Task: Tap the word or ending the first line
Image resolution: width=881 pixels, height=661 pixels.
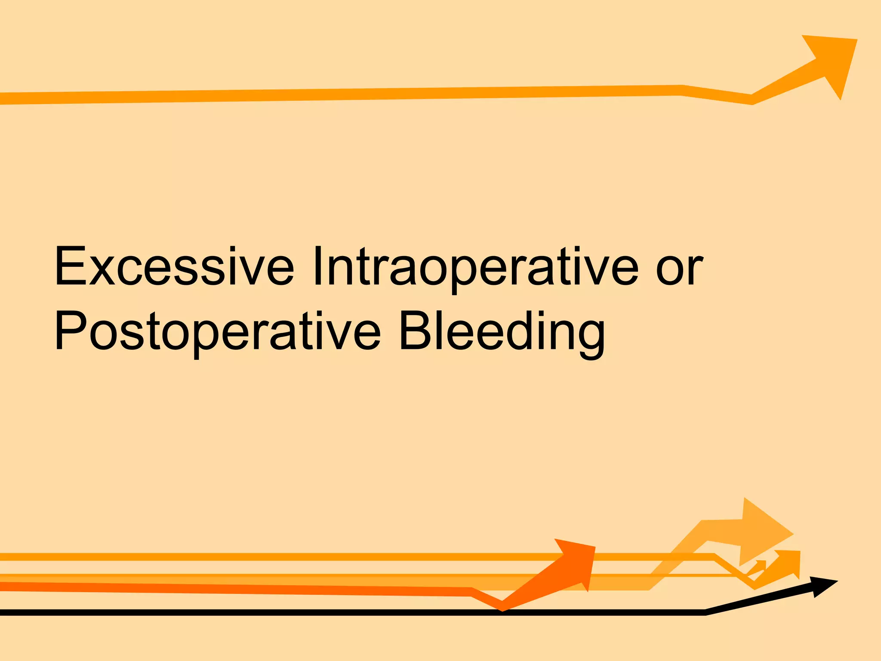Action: [x=679, y=267]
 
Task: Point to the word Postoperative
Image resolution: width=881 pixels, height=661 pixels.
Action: [x=218, y=331]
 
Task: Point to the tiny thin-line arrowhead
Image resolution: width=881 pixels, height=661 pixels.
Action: [x=762, y=564]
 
